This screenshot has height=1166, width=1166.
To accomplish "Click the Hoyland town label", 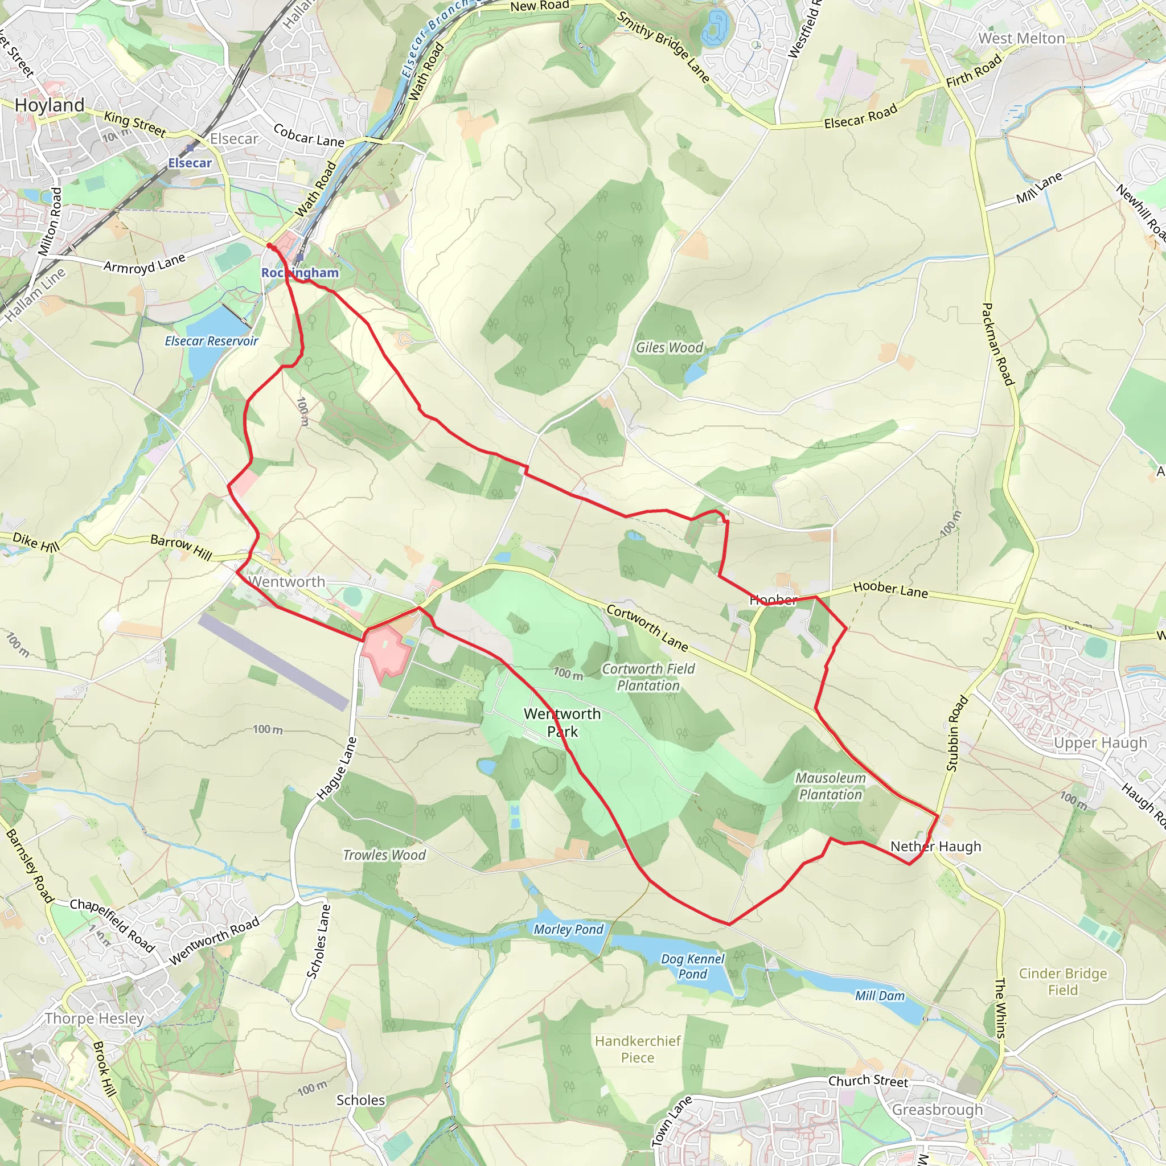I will (x=50, y=105).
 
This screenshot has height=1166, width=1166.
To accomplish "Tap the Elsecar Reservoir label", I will (x=211, y=341).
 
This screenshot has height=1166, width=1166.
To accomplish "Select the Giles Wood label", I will (x=670, y=348).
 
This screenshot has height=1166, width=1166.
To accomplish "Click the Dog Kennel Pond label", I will (x=692, y=966).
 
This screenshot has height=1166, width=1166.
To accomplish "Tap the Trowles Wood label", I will (x=384, y=855).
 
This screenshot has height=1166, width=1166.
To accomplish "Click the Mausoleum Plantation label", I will (x=831, y=786).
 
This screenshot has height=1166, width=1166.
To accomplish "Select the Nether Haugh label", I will (x=935, y=847).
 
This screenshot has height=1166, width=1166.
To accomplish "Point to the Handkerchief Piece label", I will (x=637, y=1049).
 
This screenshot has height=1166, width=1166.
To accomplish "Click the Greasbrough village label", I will (x=937, y=1110).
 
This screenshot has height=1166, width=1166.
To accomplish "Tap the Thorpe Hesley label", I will (x=94, y=1019).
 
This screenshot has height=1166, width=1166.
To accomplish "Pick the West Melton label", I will (x=1021, y=39).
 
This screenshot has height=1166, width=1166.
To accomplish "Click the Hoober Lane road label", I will (x=890, y=590).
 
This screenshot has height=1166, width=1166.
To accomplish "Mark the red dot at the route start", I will (x=270, y=245).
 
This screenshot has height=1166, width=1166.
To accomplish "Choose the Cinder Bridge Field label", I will (x=1063, y=982).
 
